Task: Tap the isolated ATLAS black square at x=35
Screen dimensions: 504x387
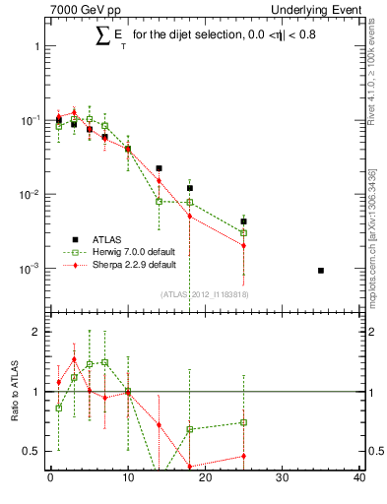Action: point(321,270)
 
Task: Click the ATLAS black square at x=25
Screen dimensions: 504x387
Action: point(243,221)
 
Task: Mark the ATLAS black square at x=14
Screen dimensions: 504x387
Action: point(159,168)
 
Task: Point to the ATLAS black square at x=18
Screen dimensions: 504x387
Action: point(189,187)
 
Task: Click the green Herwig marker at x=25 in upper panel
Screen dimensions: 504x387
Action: point(243,233)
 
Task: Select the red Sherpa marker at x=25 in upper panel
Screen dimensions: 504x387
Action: point(243,245)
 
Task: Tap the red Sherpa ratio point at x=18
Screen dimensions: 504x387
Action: point(189,467)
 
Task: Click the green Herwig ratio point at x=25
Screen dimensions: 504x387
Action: point(243,422)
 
